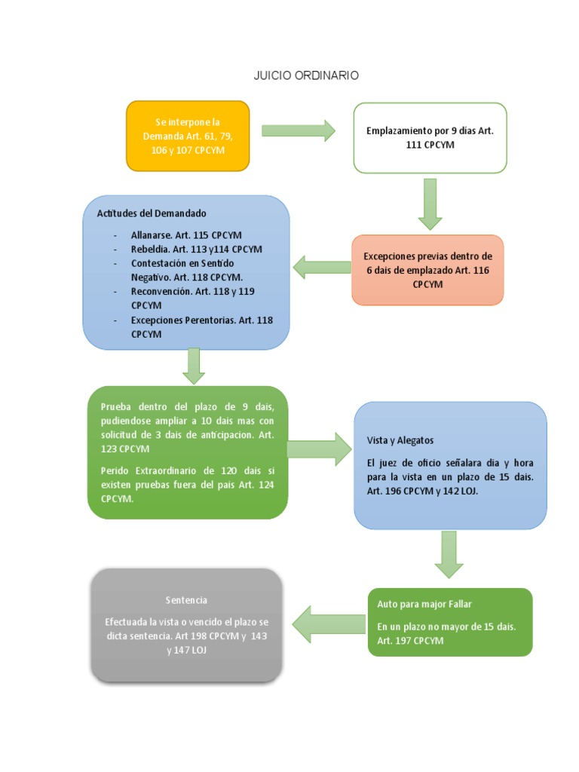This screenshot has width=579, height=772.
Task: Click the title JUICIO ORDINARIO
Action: [x=306, y=75]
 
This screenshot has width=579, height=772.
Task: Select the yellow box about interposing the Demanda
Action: [x=188, y=136]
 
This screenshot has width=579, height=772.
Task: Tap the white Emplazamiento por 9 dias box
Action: [x=430, y=137]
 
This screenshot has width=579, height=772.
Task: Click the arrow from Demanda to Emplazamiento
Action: [x=299, y=130]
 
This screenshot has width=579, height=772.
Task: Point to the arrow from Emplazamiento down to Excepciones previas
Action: [x=430, y=204]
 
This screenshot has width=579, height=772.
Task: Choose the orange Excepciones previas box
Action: [x=427, y=270]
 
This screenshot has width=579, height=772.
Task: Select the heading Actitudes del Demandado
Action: [x=152, y=213]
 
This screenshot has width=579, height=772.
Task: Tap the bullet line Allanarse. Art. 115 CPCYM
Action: [x=186, y=235]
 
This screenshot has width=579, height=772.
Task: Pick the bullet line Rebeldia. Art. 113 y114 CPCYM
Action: [x=196, y=249]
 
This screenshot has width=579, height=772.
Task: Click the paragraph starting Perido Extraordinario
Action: [x=188, y=485]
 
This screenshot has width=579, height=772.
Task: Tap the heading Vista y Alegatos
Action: [x=400, y=440]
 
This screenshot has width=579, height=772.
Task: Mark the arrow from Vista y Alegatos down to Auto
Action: [x=449, y=554]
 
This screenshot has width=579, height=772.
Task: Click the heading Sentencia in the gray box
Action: [x=186, y=600]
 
